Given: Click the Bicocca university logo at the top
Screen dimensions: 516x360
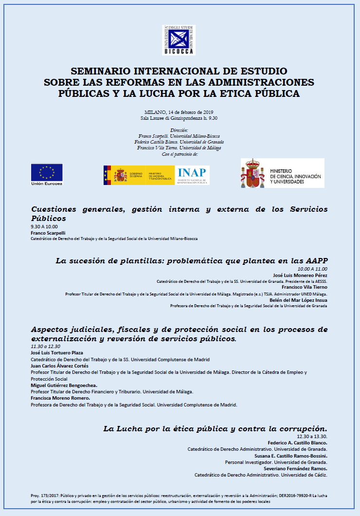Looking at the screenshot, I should point(178,40).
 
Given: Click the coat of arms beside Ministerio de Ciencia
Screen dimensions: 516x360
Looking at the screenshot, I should point(252,173).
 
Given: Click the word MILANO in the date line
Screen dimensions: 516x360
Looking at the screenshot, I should point(155,112).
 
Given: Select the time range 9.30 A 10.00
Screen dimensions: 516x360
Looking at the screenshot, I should point(44,227).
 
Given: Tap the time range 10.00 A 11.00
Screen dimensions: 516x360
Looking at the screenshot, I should point(312,269).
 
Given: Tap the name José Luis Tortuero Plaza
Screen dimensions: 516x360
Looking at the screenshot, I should point(57,352).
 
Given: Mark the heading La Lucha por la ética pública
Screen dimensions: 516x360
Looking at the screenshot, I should point(215,428).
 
